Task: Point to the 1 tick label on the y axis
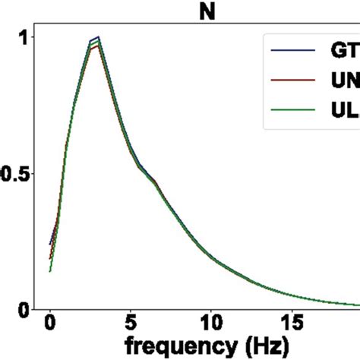(22, 37)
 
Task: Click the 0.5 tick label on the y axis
(15, 173)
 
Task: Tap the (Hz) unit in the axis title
(263, 347)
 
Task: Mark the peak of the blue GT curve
(98, 36)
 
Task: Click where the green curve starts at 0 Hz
(50, 270)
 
